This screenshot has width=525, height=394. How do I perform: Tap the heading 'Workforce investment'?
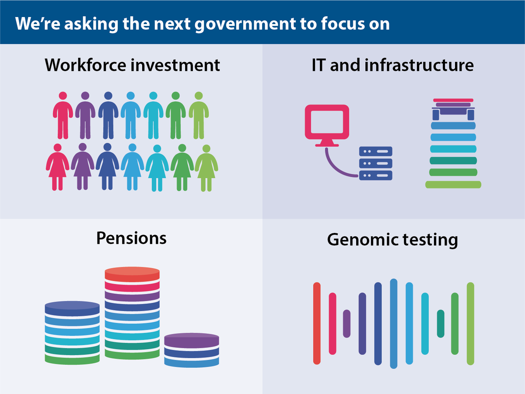click(132, 65)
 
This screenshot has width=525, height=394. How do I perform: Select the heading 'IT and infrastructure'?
click(392, 65)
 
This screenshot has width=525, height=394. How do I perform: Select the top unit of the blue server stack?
click(375, 151)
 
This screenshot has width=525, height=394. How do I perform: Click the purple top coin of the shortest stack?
click(192, 340)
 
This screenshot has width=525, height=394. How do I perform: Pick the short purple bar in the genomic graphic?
click(346, 324)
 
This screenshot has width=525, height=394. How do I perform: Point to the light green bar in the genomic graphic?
click(470, 324)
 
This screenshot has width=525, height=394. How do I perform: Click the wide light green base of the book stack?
click(453, 185)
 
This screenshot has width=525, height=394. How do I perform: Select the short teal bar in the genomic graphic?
click(441, 324)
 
